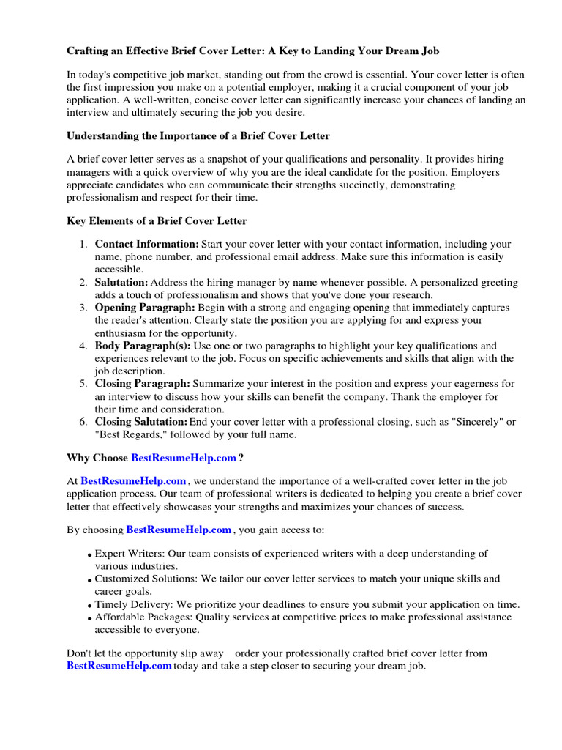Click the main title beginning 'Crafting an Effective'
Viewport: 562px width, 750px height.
point(253,51)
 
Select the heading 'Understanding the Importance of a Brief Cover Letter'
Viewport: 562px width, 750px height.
point(198,135)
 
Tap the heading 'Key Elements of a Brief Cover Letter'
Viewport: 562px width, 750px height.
point(157,220)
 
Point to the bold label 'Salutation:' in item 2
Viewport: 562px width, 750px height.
point(121,282)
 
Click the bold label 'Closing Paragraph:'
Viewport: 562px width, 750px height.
point(143,384)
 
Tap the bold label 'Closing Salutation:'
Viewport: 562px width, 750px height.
point(141,422)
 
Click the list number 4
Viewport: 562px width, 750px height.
point(84,346)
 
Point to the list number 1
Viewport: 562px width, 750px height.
point(84,244)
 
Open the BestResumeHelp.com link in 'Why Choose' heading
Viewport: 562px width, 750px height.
point(184,458)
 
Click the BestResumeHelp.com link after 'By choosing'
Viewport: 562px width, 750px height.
point(179,529)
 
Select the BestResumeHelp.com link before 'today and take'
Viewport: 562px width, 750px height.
point(119,666)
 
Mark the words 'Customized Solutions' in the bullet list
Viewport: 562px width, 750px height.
point(143,579)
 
